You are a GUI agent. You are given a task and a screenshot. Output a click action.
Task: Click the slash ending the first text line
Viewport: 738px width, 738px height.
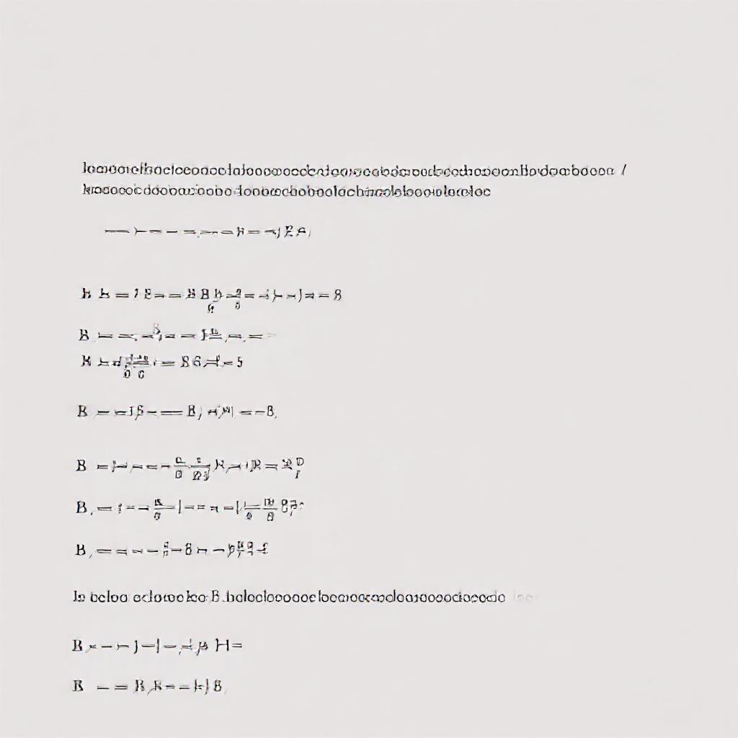[624, 171]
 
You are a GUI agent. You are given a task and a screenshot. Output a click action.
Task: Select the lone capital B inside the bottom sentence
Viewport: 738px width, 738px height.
[215, 597]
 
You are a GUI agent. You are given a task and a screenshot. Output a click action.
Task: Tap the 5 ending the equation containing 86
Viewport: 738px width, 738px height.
[239, 362]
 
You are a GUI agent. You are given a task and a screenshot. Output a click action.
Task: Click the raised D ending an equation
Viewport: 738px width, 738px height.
[300, 461]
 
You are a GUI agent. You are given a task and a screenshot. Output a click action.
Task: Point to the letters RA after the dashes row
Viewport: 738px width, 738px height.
[295, 231]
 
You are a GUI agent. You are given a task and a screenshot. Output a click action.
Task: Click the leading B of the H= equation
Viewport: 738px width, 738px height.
[77, 646]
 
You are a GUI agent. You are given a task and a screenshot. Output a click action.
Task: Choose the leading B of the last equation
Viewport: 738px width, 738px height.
[78, 686]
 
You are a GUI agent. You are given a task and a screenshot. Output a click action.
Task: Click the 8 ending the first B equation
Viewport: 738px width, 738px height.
[337, 294]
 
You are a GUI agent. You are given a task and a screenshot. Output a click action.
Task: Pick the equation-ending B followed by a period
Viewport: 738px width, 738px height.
[271, 412]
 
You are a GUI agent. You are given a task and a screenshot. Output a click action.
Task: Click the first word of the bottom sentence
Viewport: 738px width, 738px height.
[79, 597]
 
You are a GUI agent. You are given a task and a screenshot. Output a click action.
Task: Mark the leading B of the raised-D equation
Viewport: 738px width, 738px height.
[81, 466]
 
